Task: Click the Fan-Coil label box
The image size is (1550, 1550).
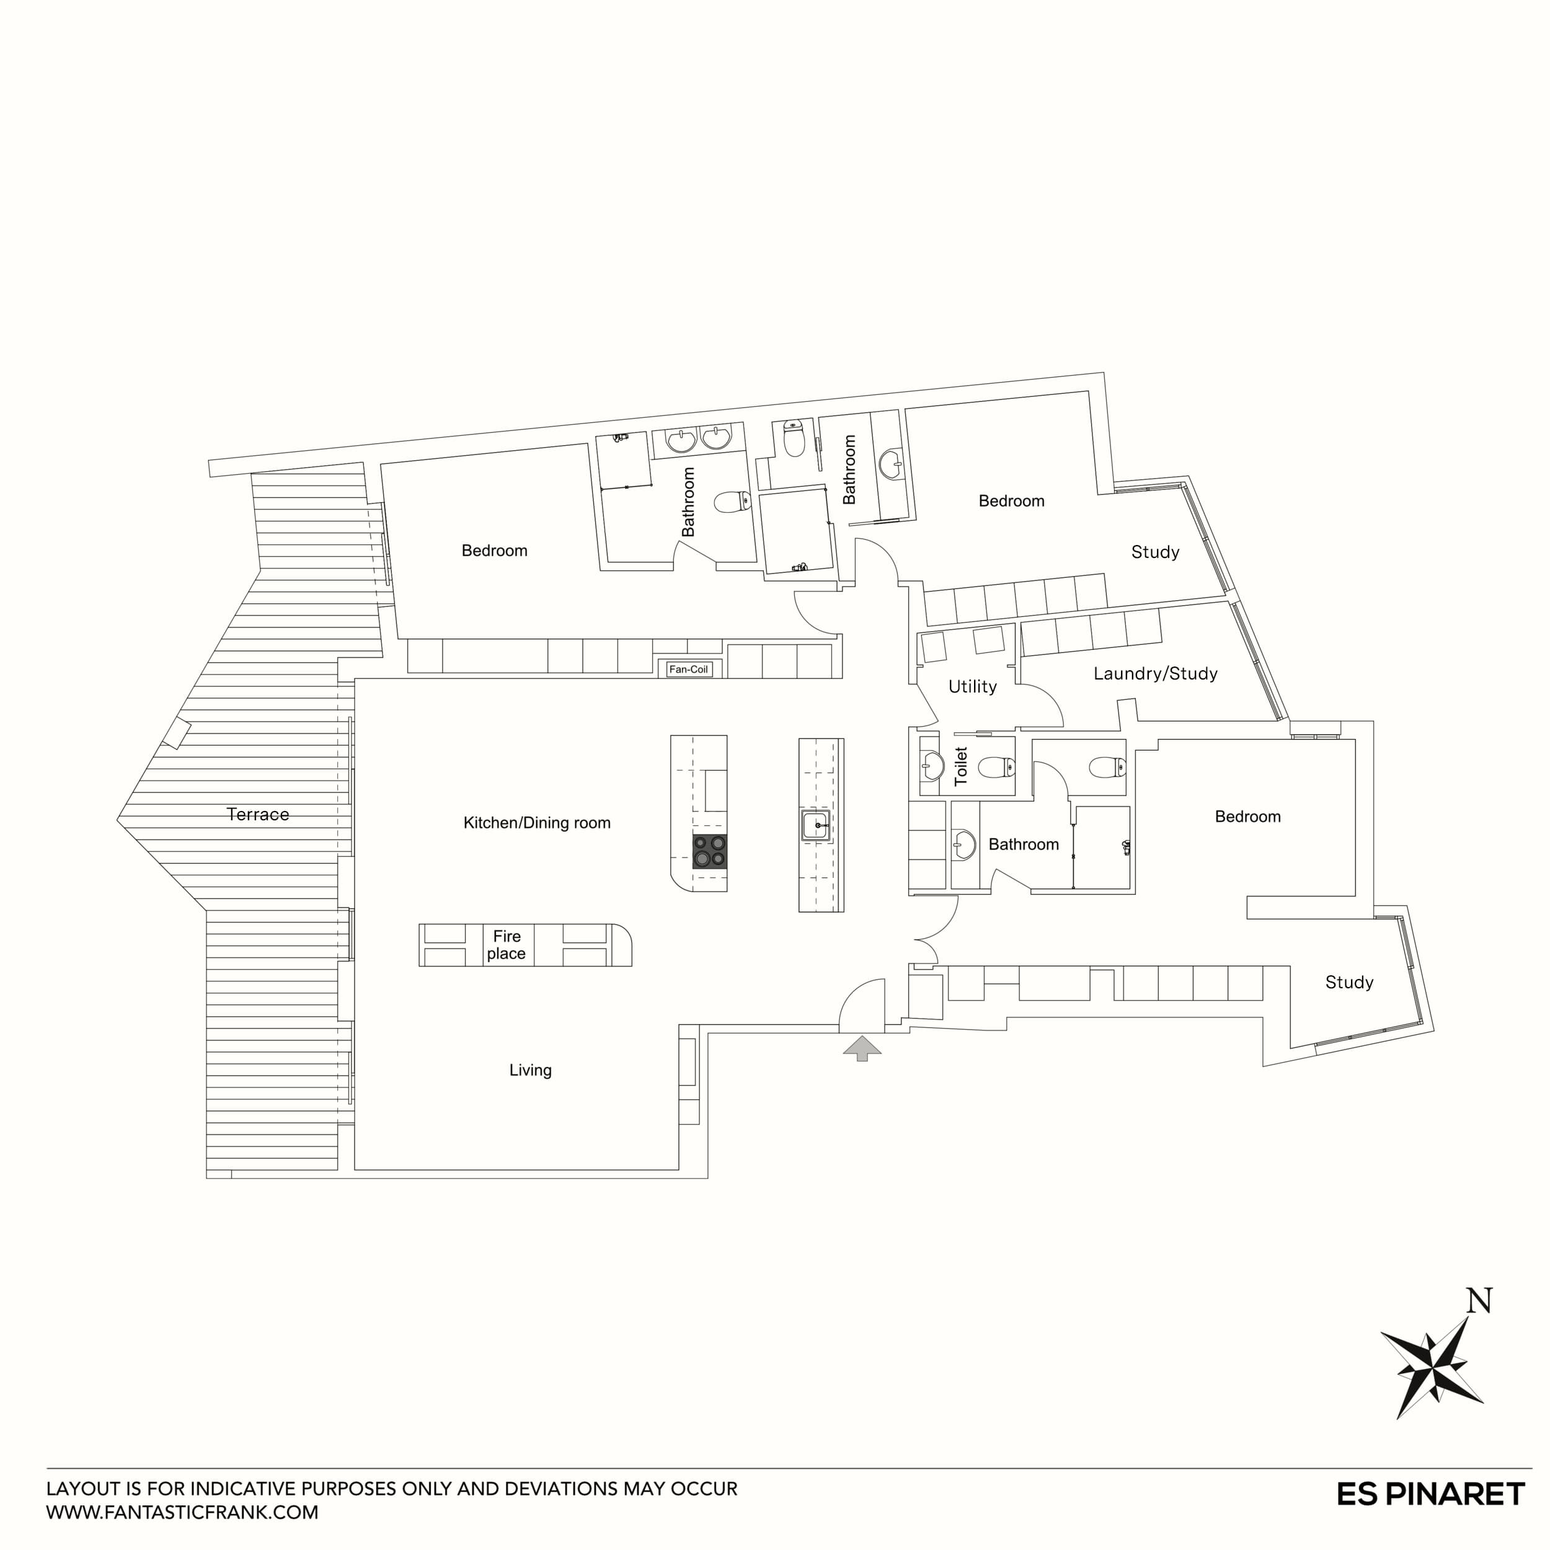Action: point(688,669)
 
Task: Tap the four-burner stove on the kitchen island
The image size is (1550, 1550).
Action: point(709,851)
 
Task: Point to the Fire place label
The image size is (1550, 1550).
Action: point(507,945)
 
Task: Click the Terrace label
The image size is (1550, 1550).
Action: point(257,814)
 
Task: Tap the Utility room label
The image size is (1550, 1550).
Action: point(972,687)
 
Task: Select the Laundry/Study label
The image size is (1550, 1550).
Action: point(1154,674)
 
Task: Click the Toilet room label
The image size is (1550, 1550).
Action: point(961,766)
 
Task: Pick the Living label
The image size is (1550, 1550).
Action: point(530,1070)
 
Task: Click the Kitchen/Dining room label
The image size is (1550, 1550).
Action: point(537,823)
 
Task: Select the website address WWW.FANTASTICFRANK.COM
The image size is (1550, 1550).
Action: point(182,1512)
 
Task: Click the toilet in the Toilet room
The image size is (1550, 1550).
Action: point(997,767)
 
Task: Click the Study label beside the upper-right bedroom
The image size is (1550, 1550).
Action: point(1154,552)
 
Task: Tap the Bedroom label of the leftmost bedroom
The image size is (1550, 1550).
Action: point(494,551)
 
